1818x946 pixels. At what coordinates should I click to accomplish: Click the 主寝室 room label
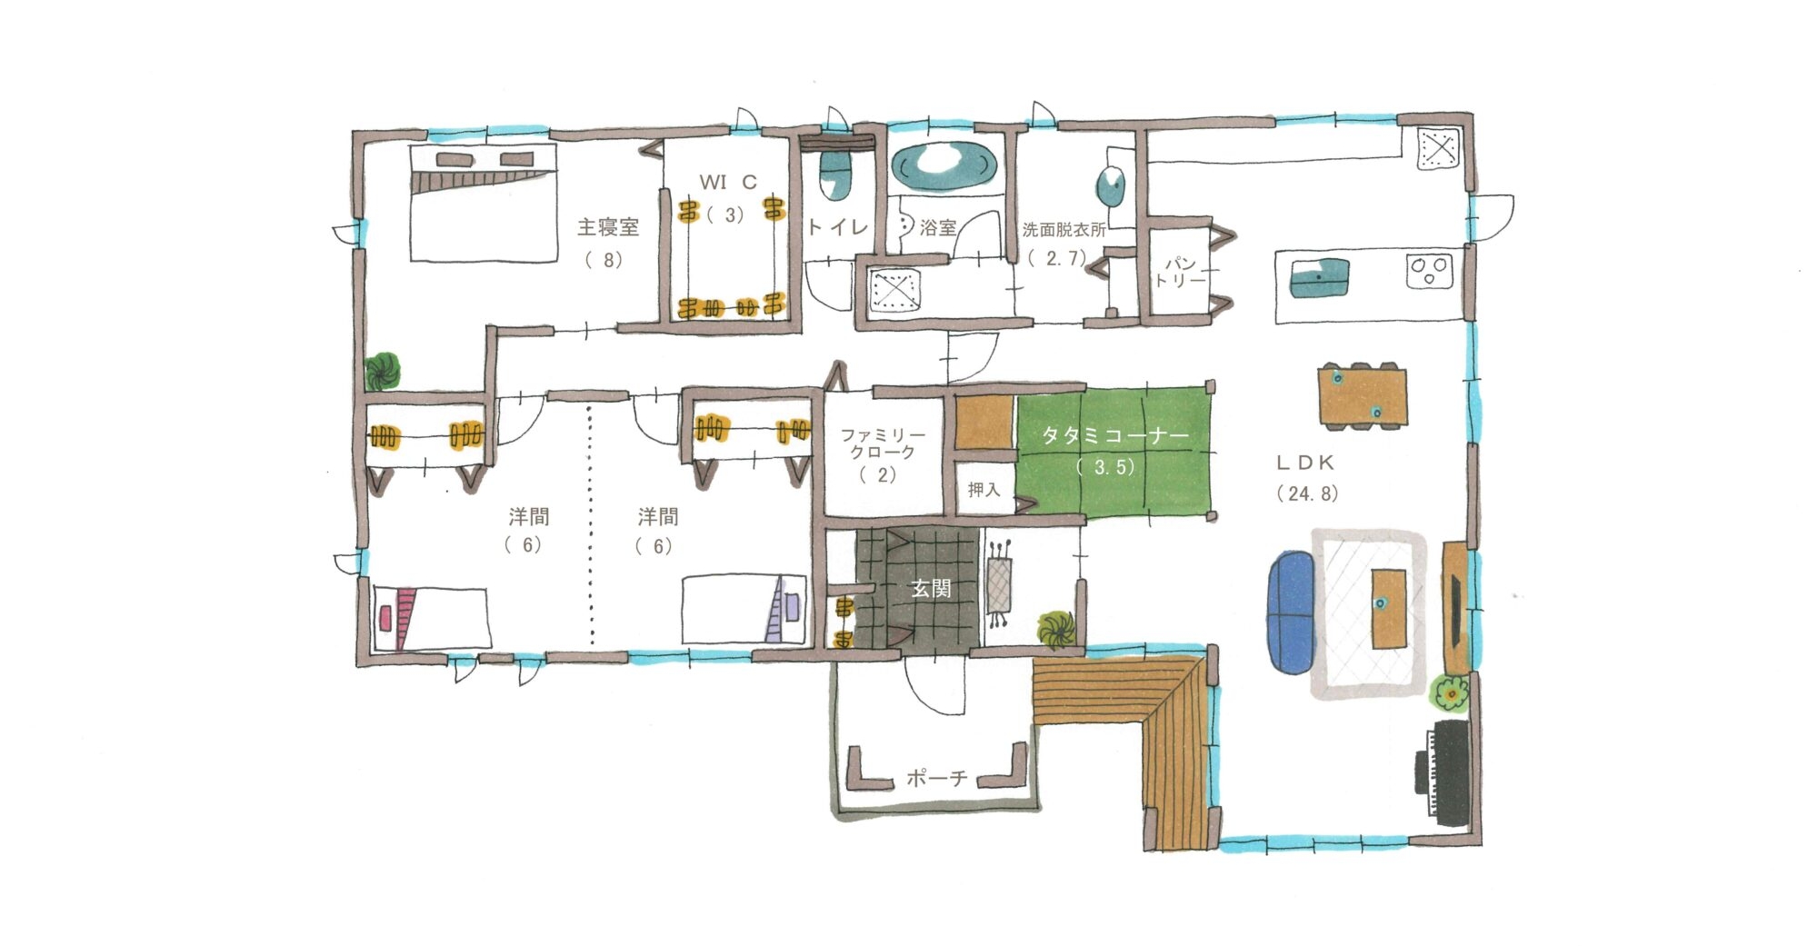tap(608, 226)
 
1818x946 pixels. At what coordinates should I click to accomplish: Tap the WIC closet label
tap(728, 182)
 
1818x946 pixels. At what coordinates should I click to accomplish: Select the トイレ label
tap(837, 226)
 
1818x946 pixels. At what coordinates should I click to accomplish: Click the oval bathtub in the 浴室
tap(944, 166)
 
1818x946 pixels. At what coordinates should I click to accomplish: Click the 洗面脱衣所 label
tap(1064, 229)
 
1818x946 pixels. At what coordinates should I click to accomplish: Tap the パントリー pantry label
tap(1179, 271)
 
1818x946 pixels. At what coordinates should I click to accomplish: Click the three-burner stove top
tap(1429, 270)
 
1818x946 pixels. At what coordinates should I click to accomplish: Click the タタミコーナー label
tap(1114, 436)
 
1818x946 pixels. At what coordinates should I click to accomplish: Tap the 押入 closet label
tap(984, 490)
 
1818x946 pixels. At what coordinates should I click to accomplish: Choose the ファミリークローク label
tap(882, 443)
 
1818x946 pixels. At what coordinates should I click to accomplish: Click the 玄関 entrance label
tap(931, 588)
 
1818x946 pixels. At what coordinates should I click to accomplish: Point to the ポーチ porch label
tap(937, 779)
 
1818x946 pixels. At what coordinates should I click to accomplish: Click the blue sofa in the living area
tap(1290, 612)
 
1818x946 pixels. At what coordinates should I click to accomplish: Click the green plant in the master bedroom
tap(383, 372)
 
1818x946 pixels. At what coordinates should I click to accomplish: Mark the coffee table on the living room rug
tap(1388, 607)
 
